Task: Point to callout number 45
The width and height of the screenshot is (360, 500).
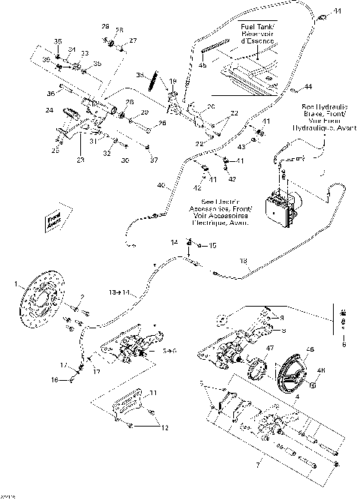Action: [x=202, y=65]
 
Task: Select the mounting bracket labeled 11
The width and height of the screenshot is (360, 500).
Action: [x=121, y=411]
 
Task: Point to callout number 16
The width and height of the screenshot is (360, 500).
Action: [x=64, y=380]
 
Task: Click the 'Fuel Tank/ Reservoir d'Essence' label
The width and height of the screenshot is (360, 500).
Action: [x=257, y=34]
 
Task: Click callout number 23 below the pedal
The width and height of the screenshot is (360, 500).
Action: [x=80, y=159]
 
